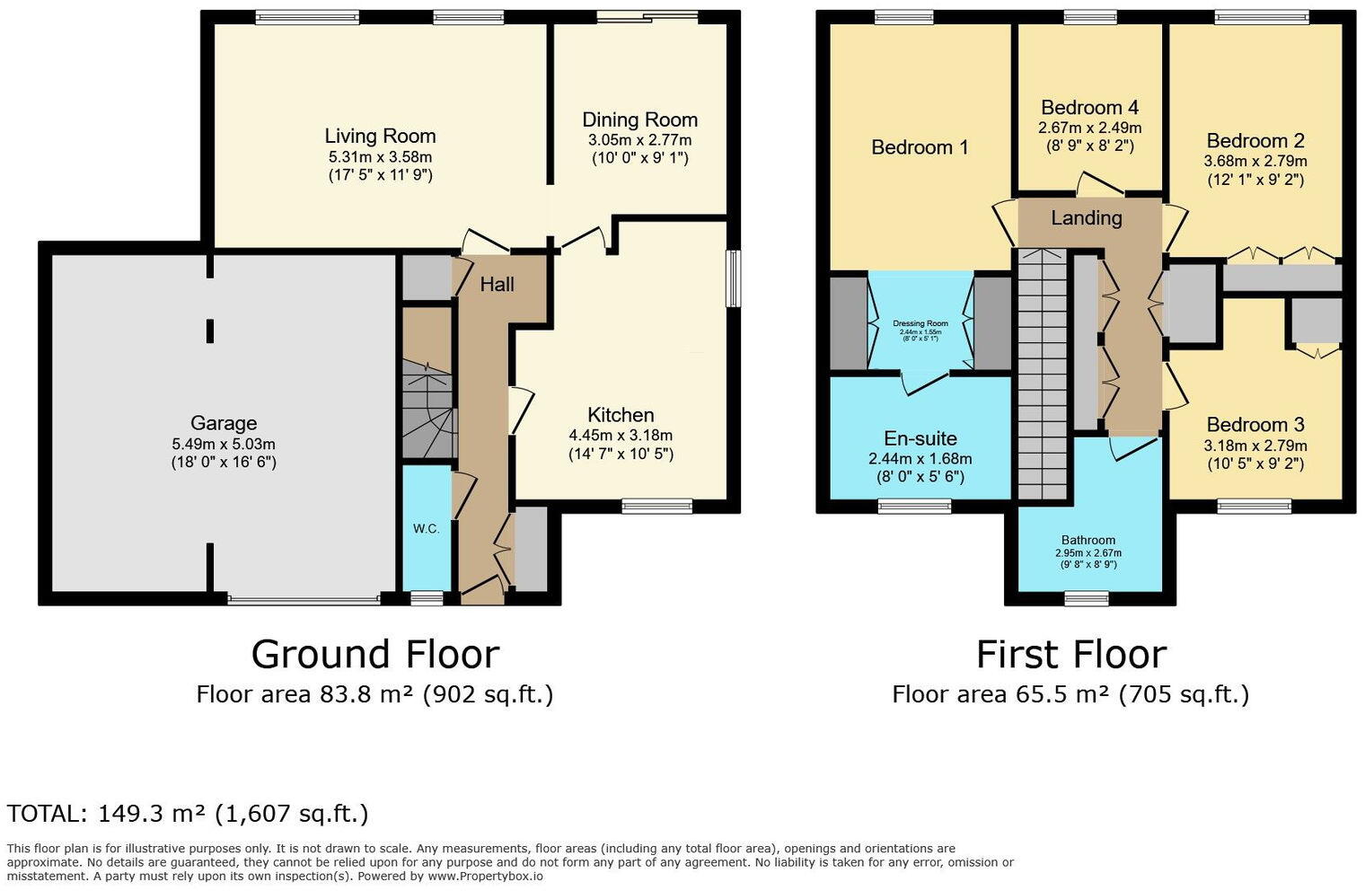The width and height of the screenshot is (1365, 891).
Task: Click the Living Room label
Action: [x=380, y=137]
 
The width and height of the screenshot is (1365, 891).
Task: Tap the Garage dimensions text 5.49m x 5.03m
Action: [x=224, y=444]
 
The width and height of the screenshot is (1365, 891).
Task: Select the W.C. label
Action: [x=427, y=528]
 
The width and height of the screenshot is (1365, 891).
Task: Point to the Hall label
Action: [x=497, y=284]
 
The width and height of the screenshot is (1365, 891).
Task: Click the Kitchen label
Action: [x=621, y=415]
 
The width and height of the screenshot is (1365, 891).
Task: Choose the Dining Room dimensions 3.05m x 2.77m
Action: [x=639, y=140]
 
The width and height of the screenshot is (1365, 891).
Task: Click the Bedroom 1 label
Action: [x=920, y=147]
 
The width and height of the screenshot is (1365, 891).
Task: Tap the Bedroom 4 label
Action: [x=1089, y=108]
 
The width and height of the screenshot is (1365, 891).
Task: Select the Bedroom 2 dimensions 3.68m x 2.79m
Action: [x=1255, y=162]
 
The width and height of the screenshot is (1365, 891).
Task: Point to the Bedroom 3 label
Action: [x=1255, y=425]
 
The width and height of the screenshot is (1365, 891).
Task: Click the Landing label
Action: [x=1087, y=218]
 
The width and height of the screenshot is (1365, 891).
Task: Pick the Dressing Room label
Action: [x=920, y=323]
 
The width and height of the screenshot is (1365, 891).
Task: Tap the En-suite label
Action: [x=920, y=438]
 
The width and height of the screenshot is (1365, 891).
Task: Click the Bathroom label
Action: [x=1088, y=541]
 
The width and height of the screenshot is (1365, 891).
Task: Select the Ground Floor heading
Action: [x=374, y=654]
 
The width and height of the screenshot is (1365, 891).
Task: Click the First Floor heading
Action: [x=1070, y=654]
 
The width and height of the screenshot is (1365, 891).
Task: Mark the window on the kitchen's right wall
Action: [x=734, y=278]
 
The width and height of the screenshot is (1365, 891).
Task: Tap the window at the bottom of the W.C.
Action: [x=427, y=597]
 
